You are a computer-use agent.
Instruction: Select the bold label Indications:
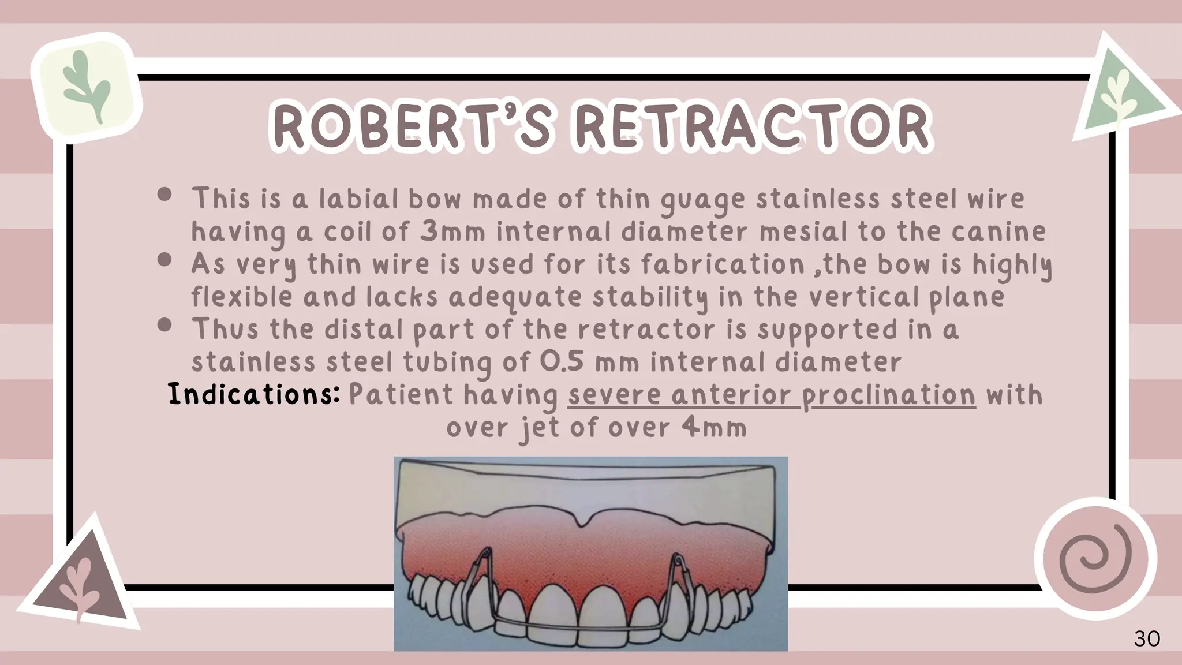point(253,395)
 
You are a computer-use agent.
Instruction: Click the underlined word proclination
point(889,396)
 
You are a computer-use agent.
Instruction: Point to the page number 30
point(1147,639)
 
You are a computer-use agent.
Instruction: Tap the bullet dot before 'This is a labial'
point(164,195)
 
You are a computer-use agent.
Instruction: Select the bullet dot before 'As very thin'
point(164,260)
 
